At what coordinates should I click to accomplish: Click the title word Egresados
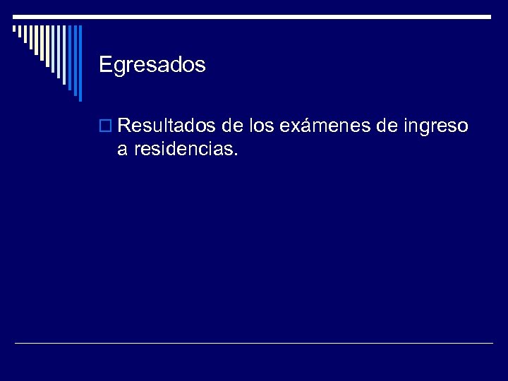[x=152, y=66]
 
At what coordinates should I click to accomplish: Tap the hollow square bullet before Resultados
[x=107, y=128]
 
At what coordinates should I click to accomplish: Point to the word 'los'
[x=261, y=126]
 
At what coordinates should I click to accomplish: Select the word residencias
[x=179, y=148]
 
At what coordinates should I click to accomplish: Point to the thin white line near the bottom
[x=254, y=344]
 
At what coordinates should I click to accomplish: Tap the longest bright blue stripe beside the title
[x=80, y=63]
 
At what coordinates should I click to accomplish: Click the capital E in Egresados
[x=105, y=66]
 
